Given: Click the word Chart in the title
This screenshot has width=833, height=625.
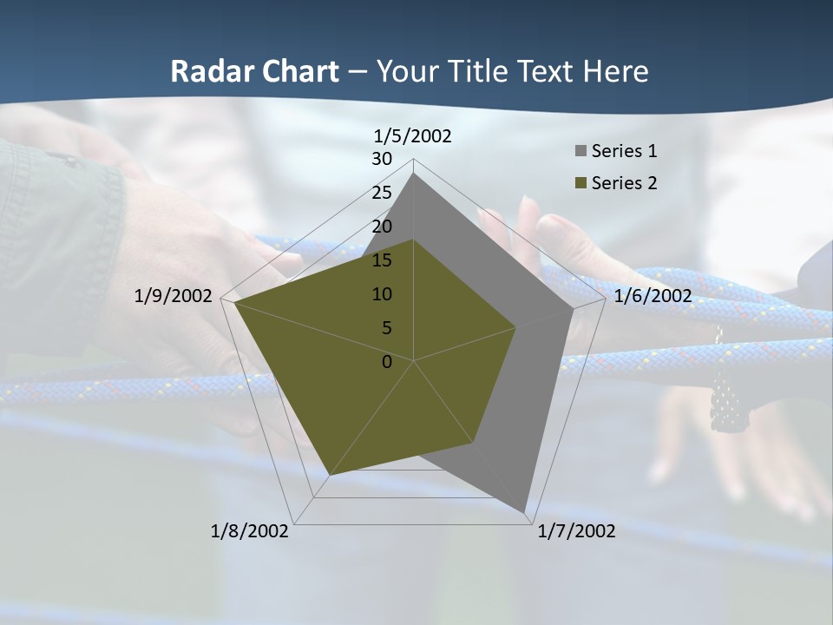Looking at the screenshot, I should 291,72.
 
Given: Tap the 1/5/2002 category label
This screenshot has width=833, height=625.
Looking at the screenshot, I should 413,136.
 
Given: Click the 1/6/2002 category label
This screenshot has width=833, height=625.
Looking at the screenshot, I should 653,297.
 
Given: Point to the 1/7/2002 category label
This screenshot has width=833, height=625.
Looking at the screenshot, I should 577,531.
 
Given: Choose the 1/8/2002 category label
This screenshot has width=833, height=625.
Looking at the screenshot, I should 250,531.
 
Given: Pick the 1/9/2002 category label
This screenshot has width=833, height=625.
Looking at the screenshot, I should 174,297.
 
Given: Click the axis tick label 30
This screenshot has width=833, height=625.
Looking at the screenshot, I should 382,159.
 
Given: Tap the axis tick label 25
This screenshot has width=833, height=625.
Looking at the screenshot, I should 382,193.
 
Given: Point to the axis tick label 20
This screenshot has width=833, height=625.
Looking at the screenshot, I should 382,227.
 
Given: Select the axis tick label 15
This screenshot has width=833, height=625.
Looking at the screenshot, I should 382,260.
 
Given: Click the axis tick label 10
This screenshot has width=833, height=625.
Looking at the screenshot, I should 382,294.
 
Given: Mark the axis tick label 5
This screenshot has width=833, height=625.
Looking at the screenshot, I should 386,328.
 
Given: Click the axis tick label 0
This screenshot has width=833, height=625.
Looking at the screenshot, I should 387,362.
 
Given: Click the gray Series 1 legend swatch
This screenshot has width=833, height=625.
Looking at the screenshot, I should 580,151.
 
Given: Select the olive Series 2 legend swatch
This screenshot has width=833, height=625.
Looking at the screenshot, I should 580,183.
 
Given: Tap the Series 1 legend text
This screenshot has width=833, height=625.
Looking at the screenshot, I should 624,151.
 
